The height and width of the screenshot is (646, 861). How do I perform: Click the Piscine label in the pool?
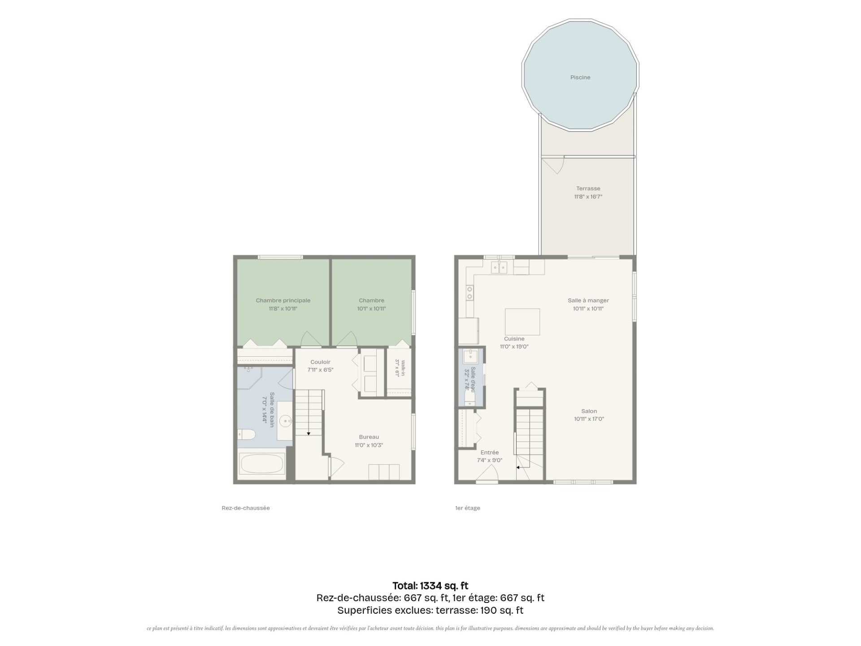click(x=580, y=78)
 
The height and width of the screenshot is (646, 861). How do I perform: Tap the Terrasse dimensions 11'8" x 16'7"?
click(x=588, y=196)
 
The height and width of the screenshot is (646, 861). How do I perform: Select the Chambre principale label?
click(x=283, y=301)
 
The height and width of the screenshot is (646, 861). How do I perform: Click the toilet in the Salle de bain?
click(x=246, y=434)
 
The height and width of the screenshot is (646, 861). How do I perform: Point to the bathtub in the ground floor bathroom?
click(x=262, y=464)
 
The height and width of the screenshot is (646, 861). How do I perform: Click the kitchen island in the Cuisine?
click(x=522, y=322)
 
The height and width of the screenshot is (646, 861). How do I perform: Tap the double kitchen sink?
click(x=499, y=268)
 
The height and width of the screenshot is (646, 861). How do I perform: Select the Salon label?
click(x=589, y=411)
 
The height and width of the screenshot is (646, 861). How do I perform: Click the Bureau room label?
click(x=369, y=437)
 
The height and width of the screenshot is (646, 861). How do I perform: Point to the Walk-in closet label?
click(x=403, y=368)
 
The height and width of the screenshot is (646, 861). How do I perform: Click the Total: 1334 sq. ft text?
click(x=430, y=585)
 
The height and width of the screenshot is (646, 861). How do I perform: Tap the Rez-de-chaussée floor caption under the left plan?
click(x=246, y=508)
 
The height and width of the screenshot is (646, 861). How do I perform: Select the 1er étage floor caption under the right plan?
click(x=467, y=508)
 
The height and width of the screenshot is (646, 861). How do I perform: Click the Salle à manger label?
click(x=588, y=301)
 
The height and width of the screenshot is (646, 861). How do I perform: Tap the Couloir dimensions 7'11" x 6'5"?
click(x=320, y=370)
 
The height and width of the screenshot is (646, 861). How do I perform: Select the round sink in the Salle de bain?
click(x=286, y=421)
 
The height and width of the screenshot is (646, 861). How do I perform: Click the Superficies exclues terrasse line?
click(x=430, y=610)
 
